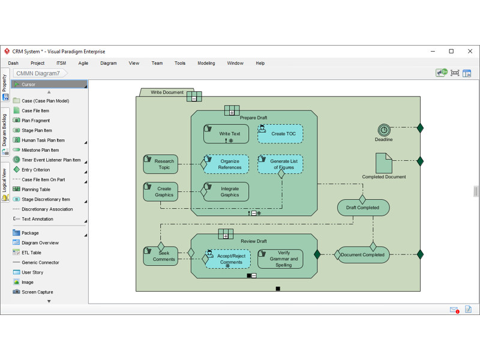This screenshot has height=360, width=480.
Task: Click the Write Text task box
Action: pos(226,134)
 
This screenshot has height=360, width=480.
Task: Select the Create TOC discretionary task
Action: pos(280,134)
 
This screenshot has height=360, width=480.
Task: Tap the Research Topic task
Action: pos(161,164)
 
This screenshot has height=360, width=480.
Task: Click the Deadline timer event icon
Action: pos(384,130)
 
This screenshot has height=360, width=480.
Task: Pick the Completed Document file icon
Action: pos(384,163)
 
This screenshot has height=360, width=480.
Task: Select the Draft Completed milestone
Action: pos(364,208)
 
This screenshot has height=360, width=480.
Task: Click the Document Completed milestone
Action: pos(364,254)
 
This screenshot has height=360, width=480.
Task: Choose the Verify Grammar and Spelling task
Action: pos(280,259)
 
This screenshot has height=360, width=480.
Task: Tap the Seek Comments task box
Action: pos(161,256)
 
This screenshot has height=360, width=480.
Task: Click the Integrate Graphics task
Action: pos(226,191)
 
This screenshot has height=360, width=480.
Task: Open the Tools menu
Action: pos(180,63)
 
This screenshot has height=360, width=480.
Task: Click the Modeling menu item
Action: pos(206,63)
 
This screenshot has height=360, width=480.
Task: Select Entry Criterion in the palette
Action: pos(35,170)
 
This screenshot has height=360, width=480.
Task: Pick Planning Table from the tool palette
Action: pos(36,189)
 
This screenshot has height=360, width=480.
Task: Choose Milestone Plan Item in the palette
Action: pos(40,150)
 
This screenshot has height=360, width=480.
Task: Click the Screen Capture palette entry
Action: pos(37,292)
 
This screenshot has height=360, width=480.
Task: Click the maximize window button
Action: pos(451,52)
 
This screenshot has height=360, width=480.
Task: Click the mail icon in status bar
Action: pos(454,310)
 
